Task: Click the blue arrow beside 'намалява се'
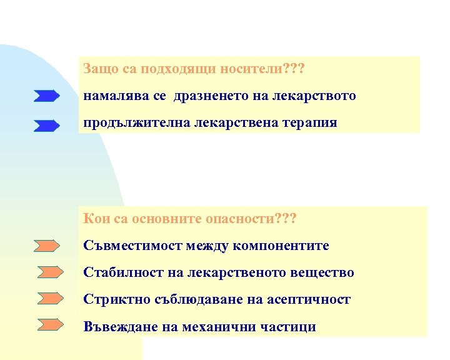(x=47, y=96)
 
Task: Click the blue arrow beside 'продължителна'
(x=47, y=126)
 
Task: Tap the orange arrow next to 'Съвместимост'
(x=47, y=246)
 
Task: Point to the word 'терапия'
(x=311, y=122)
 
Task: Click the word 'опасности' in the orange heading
(x=243, y=219)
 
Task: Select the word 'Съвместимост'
(x=131, y=246)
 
